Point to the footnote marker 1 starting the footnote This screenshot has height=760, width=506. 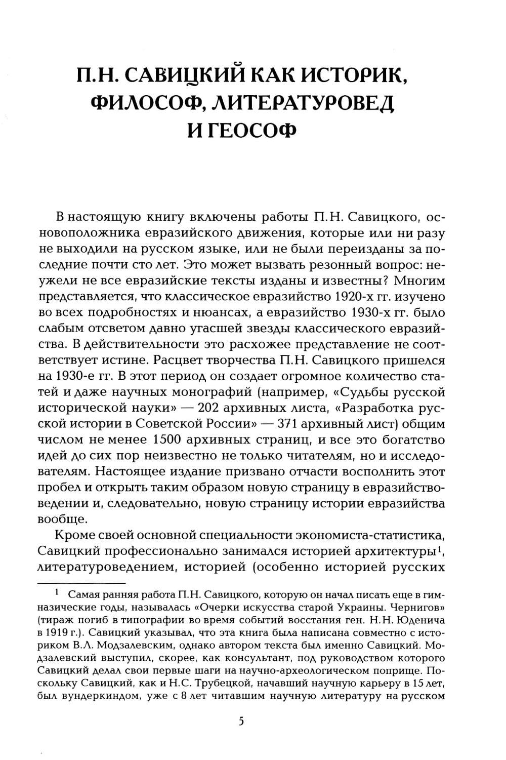[58, 591]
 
